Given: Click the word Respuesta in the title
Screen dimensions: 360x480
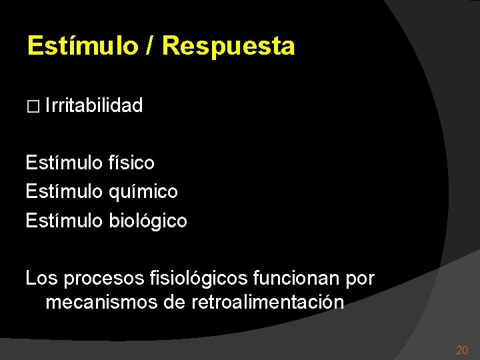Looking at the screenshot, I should pyautogui.click(x=228, y=47).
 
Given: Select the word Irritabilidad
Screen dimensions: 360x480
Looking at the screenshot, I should pyautogui.click(x=95, y=105).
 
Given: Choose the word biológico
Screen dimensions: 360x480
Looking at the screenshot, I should pyautogui.click(x=148, y=221).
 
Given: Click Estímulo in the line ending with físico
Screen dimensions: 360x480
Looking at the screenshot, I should pyautogui.click(x=64, y=163).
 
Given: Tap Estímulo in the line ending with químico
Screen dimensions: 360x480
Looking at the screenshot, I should pyautogui.click(x=64, y=192).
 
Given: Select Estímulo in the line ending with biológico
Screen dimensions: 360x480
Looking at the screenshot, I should pyautogui.click(x=64, y=221).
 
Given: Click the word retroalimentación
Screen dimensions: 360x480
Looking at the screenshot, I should pyautogui.click(x=267, y=303).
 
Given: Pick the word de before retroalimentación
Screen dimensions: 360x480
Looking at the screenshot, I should pyautogui.click(x=174, y=303).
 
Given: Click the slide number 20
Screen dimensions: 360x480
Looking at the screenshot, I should pyautogui.click(x=461, y=350).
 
